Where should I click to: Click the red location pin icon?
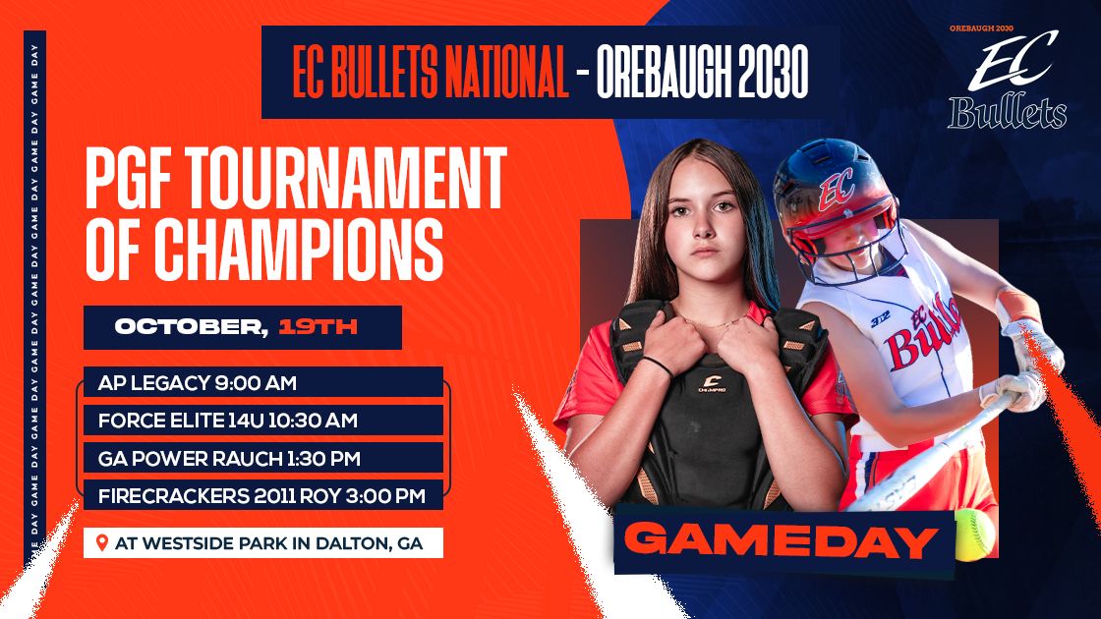point(100,542)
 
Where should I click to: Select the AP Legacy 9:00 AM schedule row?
point(198,382)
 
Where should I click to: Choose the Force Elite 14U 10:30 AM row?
point(227,421)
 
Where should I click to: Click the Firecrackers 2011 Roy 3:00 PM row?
point(261,496)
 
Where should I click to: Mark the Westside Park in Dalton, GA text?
point(269,543)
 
